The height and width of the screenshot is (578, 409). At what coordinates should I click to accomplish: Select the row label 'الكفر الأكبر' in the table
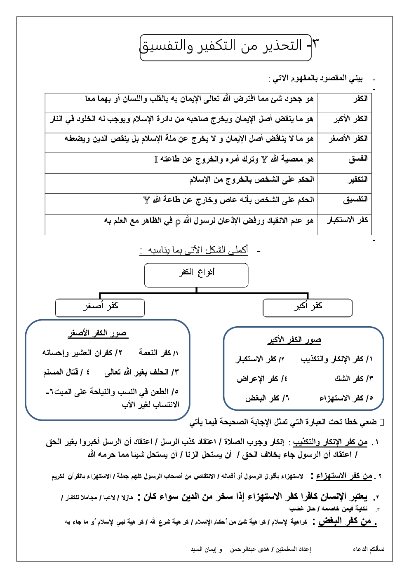[x=350, y=119]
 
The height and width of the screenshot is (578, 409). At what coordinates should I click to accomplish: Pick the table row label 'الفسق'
[x=357, y=159]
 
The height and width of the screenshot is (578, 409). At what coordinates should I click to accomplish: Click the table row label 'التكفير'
[x=357, y=179]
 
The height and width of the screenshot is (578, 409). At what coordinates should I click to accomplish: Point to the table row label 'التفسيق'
[x=355, y=199]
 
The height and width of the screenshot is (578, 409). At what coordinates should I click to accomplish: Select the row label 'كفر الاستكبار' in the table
[x=347, y=220]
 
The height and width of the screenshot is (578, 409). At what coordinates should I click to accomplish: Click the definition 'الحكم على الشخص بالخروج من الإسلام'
[x=252, y=179]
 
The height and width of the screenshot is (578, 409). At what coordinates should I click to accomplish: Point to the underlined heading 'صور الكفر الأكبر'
[x=294, y=340]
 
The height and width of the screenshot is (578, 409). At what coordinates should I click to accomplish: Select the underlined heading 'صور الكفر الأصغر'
[x=98, y=333]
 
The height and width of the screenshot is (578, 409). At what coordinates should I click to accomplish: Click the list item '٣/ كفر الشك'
[x=353, y=379]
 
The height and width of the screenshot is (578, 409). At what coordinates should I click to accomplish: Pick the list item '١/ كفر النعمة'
[x=158, y=353]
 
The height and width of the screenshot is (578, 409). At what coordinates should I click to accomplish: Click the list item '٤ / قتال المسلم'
[x=66, y=372]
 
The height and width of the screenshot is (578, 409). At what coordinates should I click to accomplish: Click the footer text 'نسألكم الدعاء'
[x=369, y=549]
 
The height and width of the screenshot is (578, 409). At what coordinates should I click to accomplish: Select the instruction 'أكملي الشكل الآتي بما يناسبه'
[x=194, y=250]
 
